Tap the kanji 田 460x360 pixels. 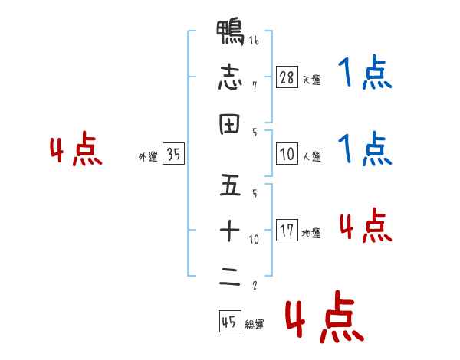click(x=230, y=125)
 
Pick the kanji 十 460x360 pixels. click(x=230, y=230)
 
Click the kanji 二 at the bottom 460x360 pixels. click(x=230, y=277)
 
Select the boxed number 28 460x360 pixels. click(x=287, y=77)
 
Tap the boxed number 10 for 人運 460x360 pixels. click(x=287, y=154)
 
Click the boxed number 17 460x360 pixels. click(x=287, y=231)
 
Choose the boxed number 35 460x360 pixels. click(x=174, y=154)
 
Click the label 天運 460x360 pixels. click(x=311, y=80)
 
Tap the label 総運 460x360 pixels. click(x=255, y=325)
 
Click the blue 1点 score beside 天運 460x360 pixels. click(x=365, y=74)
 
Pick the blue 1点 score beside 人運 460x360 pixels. click(x=365, y=149)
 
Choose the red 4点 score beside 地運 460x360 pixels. click(x=365, y=226)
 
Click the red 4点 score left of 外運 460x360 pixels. click(x=75, y=151)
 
